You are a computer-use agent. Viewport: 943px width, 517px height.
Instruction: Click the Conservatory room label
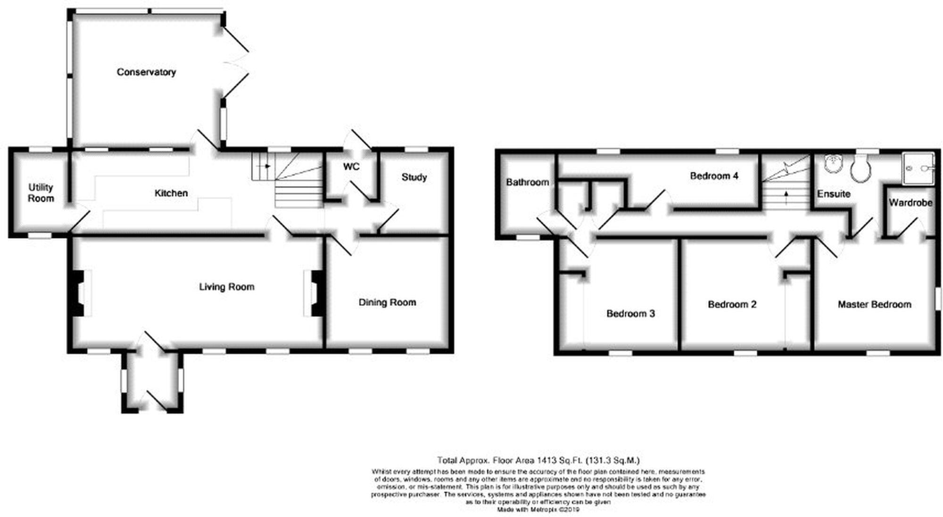tap(146, 72)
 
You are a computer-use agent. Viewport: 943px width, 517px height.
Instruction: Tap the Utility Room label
tap(41, 193)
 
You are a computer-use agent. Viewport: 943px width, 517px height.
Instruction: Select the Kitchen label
tap(171, 193)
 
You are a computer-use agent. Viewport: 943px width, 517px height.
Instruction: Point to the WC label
tap(351, 167)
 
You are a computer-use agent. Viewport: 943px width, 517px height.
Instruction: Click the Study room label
tap(414, 177)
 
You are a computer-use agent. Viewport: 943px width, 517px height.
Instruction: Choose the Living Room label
tap(226, 287)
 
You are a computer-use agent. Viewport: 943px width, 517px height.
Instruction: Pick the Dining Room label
tap(387, 302)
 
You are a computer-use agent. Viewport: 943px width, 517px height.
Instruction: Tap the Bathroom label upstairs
tap(527, 182)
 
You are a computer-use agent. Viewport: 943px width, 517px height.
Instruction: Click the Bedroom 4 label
tap(714, 176)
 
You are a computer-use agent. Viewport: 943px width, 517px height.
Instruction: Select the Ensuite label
tap(834, 194)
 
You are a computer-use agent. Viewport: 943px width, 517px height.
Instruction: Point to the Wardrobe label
tap(910, 203)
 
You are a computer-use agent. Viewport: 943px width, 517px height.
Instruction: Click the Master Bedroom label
tap(874, 305)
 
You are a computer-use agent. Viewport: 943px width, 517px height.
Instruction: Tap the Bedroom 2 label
tap(732, 305)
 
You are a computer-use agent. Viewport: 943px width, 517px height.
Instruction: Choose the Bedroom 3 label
tap(630, 314)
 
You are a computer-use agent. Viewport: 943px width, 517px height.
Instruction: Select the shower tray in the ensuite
tap(918, 168)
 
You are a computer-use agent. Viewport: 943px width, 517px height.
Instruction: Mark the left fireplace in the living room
tap(78, 293)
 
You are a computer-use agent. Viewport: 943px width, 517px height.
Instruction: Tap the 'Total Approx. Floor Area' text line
tap(538, 460)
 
